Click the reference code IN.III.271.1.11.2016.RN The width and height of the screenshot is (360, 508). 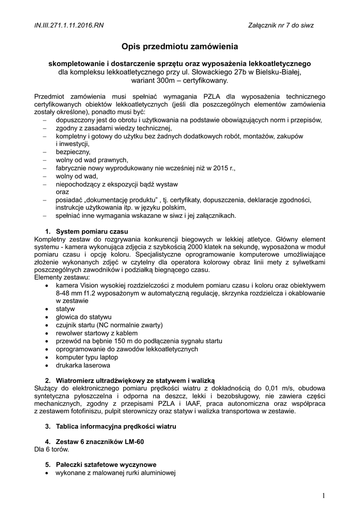point(69,25)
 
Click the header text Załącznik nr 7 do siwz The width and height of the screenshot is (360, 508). point(281,25)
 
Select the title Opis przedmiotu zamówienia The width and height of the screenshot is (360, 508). point(180,47)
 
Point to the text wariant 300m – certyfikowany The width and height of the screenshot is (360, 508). point(180,80)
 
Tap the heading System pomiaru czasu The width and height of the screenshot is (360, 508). point(92,232)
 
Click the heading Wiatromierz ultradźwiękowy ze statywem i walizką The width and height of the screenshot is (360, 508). point(135,380)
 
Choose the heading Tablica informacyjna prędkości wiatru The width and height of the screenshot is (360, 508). point(116,426)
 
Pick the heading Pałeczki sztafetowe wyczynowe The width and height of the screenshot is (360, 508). point(106,465)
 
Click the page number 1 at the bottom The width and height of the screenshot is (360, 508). point(323,496)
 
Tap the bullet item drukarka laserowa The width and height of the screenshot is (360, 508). point(82,365)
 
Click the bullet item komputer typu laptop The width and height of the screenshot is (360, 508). point(87,357)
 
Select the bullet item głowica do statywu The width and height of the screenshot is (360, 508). point(83,317)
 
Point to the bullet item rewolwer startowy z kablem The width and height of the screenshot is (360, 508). point(96,333)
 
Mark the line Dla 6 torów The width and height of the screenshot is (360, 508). point(52,449)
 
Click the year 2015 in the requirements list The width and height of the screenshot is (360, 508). point(215,168)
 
